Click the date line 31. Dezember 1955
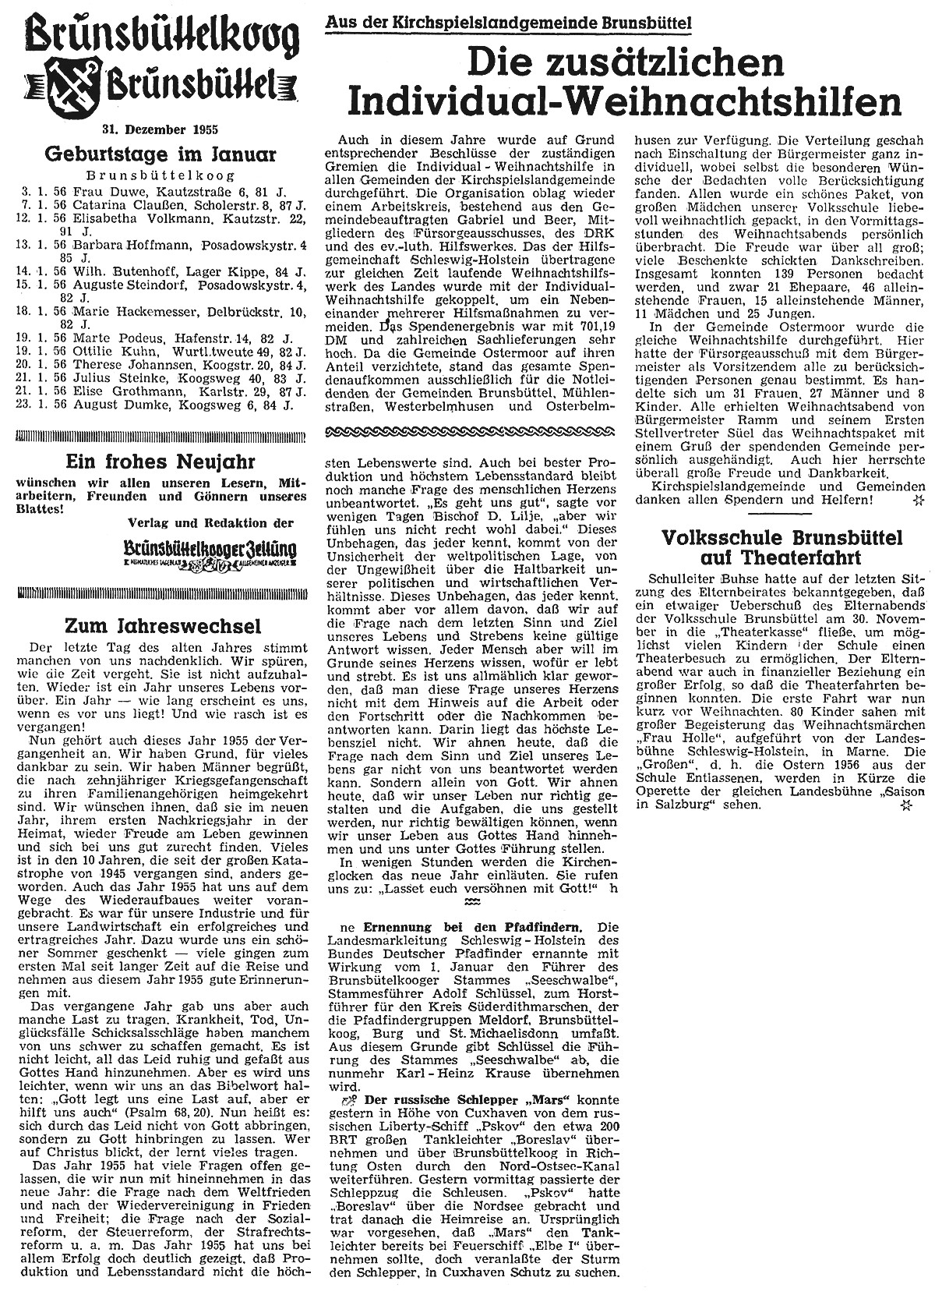point(161,129)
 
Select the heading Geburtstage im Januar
point(161,154)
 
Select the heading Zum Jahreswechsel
point(161,625)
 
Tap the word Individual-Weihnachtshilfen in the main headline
point(623,103)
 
